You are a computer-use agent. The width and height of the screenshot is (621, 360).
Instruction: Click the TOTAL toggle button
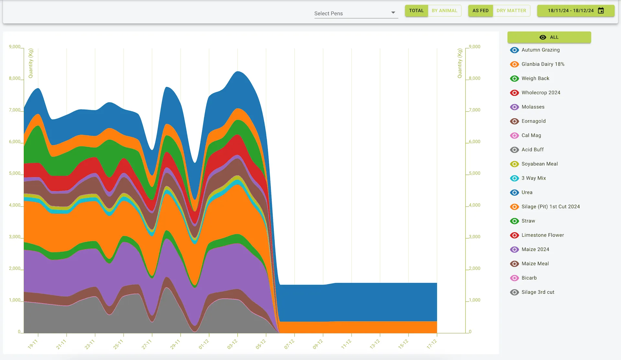tap(416, 11)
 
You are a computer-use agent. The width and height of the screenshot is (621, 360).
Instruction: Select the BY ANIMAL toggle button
tap(444, 11)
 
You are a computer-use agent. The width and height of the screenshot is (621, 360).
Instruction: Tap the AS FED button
tap(480, 11)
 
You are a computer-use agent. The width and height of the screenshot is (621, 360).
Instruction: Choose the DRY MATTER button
tap(511, 11)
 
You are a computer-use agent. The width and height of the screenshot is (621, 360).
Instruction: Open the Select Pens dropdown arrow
tap(393, 13)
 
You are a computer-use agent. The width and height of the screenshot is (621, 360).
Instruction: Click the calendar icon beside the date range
tap(601, 11)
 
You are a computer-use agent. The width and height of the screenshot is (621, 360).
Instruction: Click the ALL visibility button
tap(549, 37)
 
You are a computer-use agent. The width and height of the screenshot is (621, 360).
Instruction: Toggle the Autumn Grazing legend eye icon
tap(514, 50)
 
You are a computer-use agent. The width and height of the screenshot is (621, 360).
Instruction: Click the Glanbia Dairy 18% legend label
tap(543, 64)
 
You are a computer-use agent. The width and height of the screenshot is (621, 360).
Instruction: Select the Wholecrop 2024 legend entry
tap(541, 93)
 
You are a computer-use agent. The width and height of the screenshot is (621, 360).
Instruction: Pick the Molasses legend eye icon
tap(514, 107)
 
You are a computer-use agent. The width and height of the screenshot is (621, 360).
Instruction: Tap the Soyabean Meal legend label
tap(539, 164)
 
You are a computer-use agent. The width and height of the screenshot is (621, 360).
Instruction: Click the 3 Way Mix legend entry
tap(534, 178)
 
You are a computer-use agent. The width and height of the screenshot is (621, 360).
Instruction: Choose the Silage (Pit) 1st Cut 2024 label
tap(550, 206)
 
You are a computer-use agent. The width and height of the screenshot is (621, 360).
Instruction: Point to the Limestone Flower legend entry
tap(542, 235)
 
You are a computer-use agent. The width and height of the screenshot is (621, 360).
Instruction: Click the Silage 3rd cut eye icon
tap(514, 292)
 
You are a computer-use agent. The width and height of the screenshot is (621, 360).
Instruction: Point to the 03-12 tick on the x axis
tap(237, 335)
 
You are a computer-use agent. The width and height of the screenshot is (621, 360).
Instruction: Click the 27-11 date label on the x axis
tap(147, 344)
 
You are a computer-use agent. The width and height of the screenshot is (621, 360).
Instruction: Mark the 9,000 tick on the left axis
tap(15, 47)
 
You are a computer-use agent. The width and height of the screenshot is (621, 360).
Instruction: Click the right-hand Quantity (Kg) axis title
tap(460, 63)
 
